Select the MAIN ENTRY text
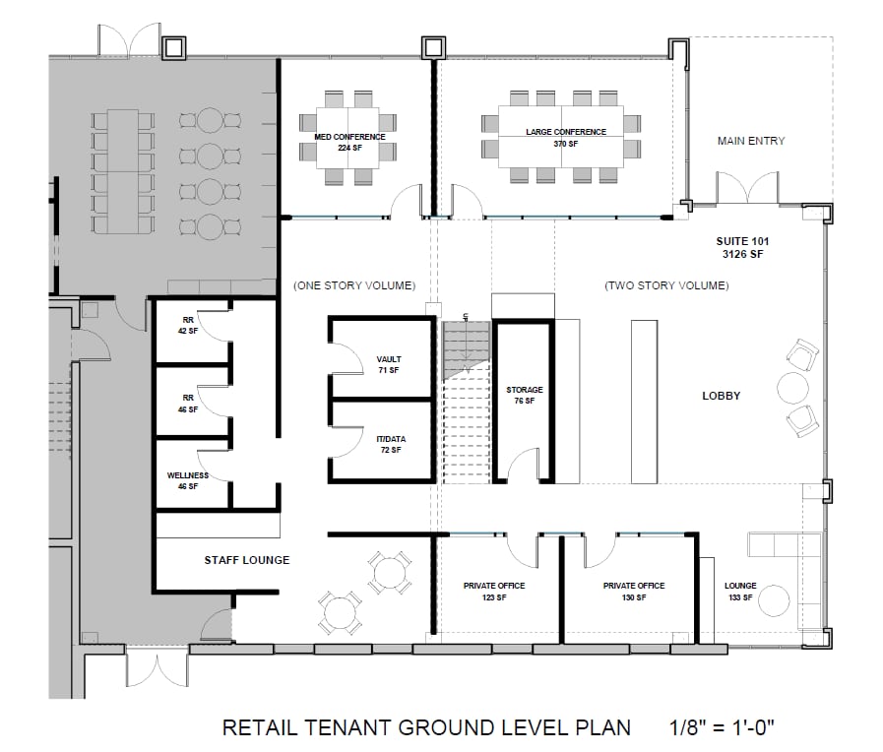(x=751, y=141)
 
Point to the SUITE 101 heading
(x=742, y=241)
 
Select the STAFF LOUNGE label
(x=247, y=560)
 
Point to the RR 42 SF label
(x=188, y=326)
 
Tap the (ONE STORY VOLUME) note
(x=354, y=285)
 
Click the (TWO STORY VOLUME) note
(x=666, y=285)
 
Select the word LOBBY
(x=721, y=396)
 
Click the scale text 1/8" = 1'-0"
(x=722, y=727)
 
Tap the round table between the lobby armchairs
(x=792, y=388)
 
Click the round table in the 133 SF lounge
(x=774, y=601)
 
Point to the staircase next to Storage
(x=466, y=402)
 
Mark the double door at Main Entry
(x=747, y=188)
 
